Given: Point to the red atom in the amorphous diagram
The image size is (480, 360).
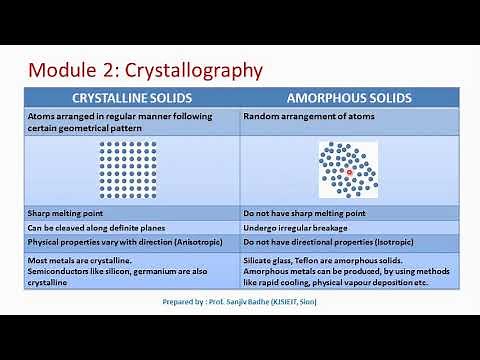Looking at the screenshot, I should pos(349,171).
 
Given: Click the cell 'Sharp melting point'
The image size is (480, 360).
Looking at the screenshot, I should pos(66,213).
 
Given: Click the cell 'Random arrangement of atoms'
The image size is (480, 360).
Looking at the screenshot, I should pos(299,116).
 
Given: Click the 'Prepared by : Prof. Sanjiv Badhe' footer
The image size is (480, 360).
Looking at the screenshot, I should pos(239,301).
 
